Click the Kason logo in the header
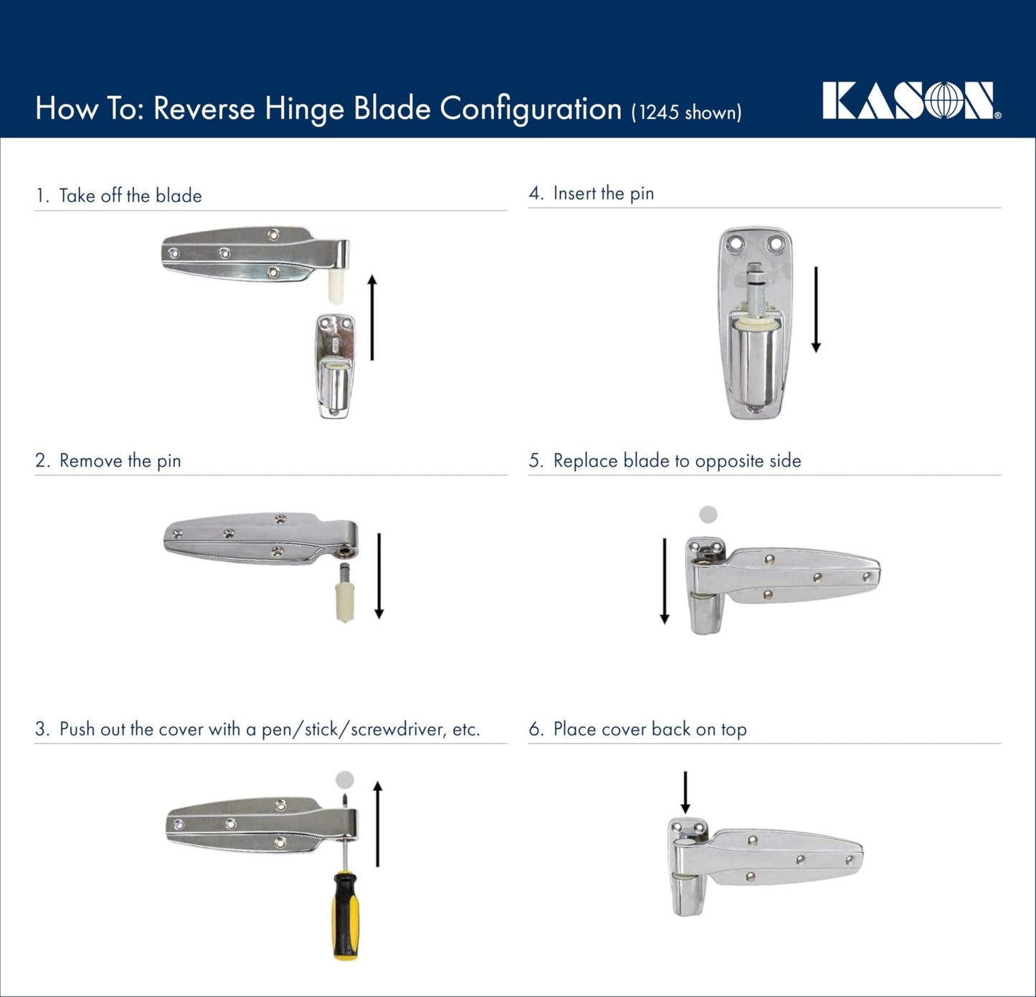tap(911, 101)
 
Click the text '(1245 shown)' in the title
tap(686, 113)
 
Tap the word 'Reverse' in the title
tap(204, 109)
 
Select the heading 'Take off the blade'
tap(130, 196)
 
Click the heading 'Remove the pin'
tap(120, 461)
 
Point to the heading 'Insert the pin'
tap(603, 194)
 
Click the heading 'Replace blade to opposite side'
tap(677, 461)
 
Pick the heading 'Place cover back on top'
tap(650, 730)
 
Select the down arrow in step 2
tap(379, 576)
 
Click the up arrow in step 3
tap(378, 824)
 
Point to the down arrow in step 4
tap(815, 309)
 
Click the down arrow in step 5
tap(665, 581)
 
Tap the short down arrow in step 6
tap(685, 792)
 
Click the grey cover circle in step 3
tap(345, 779)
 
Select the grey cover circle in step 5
tap(708, 514)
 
